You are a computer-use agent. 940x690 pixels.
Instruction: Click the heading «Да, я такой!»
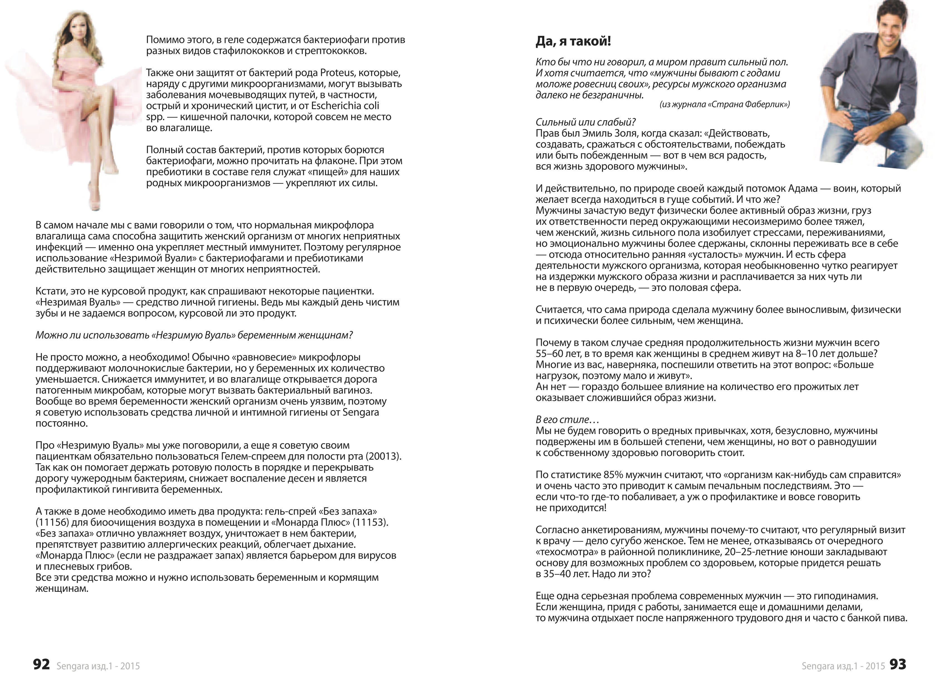point(573,42)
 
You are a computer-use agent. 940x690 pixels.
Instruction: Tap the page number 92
point(41,664)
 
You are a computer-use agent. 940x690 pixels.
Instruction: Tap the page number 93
point(897,664)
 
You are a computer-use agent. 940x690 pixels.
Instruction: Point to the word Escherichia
point(337,106)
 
